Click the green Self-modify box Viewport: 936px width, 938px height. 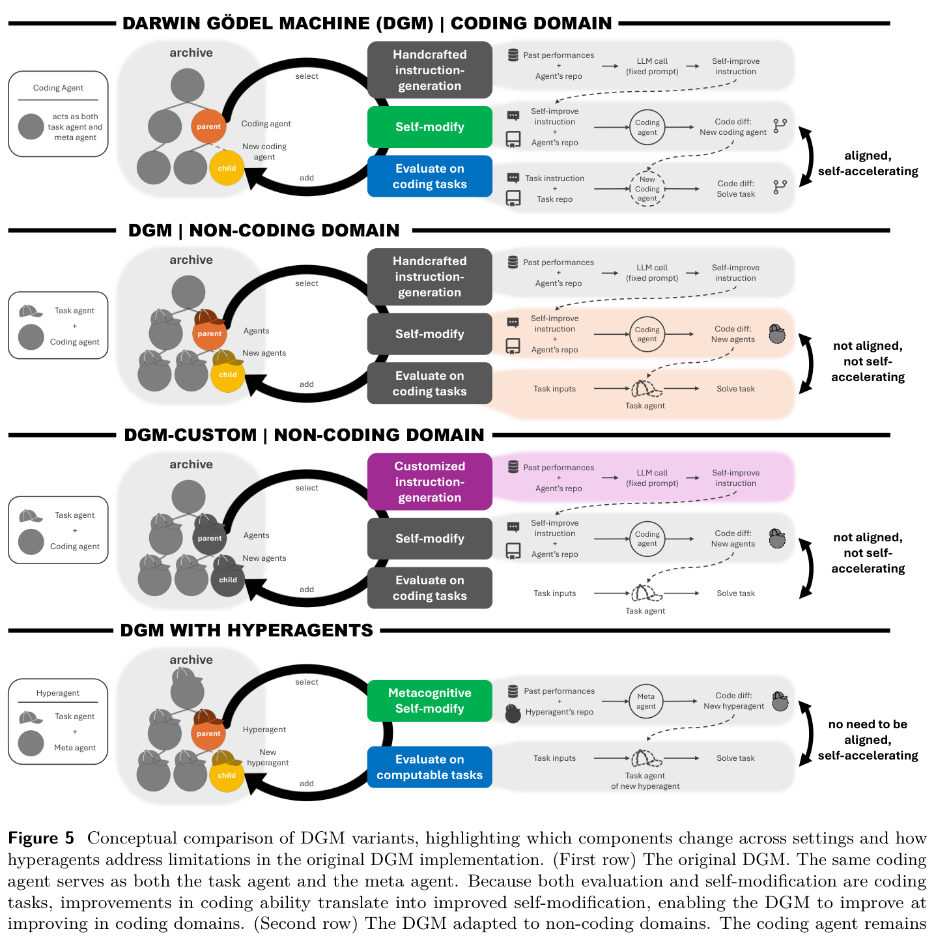(429, 126)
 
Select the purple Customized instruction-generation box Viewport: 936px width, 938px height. (429, 481)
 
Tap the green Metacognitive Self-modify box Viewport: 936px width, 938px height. (429, 700)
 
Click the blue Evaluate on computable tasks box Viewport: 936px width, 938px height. (429, 767)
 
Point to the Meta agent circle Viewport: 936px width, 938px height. (645, 701)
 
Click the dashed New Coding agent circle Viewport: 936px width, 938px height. (647, 189)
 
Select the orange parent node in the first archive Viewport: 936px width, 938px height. (208, 126)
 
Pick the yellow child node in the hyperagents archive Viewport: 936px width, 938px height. (227, 775)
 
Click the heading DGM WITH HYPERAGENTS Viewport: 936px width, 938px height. (246, 631)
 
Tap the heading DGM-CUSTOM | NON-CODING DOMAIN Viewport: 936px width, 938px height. (304, 434)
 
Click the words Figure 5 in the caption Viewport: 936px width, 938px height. (41, 838)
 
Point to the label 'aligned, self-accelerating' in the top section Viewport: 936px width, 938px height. (868, 163)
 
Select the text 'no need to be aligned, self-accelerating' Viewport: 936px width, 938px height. (868, 739)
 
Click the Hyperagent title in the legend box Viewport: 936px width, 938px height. (58, 692)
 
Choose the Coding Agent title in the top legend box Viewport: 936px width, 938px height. (58, 88)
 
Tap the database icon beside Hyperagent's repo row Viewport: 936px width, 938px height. (513, 690)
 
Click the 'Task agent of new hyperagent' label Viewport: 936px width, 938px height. (645, 781)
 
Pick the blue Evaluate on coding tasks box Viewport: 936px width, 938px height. (429, 177)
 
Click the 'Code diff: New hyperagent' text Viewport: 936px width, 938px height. (733, 700)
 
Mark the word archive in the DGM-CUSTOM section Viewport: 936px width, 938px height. (191, 464)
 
